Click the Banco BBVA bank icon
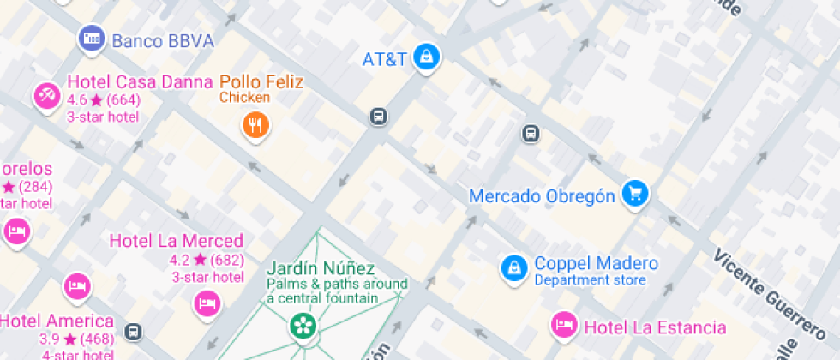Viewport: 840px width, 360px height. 91,39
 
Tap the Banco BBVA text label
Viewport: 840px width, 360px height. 163,41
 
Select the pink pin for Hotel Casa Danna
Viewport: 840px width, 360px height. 47,95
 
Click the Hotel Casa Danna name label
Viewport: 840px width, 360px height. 140,82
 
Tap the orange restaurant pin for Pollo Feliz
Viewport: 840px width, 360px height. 255,128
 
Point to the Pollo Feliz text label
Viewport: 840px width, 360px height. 261,82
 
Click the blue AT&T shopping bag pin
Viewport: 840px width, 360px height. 426,58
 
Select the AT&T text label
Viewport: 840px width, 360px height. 384,60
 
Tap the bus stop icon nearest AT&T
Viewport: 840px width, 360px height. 378,117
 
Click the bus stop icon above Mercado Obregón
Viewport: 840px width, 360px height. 531,134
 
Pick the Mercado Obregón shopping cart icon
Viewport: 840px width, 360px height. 634,194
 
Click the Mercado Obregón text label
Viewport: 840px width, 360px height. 542,196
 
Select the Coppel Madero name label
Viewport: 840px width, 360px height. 597,263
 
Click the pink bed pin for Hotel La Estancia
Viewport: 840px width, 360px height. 564,325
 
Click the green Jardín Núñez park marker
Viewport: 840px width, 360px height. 302,324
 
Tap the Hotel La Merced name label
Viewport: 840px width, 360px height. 176,241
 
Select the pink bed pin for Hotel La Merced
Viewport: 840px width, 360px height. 207,303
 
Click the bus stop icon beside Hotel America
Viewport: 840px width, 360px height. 133,331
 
